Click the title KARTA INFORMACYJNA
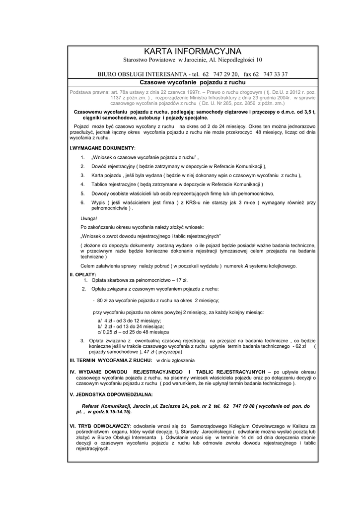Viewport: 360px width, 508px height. [193, 52]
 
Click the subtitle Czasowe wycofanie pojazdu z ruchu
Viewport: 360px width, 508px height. [193, 81]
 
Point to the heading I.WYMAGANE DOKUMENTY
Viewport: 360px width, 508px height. [102, 148]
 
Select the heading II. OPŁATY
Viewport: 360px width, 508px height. [83, 274]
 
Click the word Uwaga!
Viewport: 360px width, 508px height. [89, 218]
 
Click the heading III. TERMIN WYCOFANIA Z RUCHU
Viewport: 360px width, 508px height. [111, 360]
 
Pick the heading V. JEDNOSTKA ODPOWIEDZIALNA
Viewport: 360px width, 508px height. [111, 394]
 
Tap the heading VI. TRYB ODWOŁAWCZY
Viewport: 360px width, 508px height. [100, 426]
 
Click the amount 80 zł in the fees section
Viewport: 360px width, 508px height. [102, 300]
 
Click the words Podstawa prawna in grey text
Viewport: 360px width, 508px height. [89, 92]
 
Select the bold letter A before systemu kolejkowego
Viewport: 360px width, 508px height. [246, 266]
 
